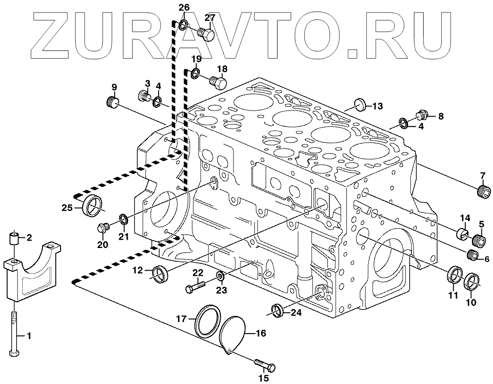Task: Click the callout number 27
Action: (x=210, y=18)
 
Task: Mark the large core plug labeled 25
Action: (x=93, y=204)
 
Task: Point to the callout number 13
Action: (x=377, y=106)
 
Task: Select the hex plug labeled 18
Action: (x=217, y=82)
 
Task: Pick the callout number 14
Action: (x=464, y=218)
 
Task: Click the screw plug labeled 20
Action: (x=103, y=228)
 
